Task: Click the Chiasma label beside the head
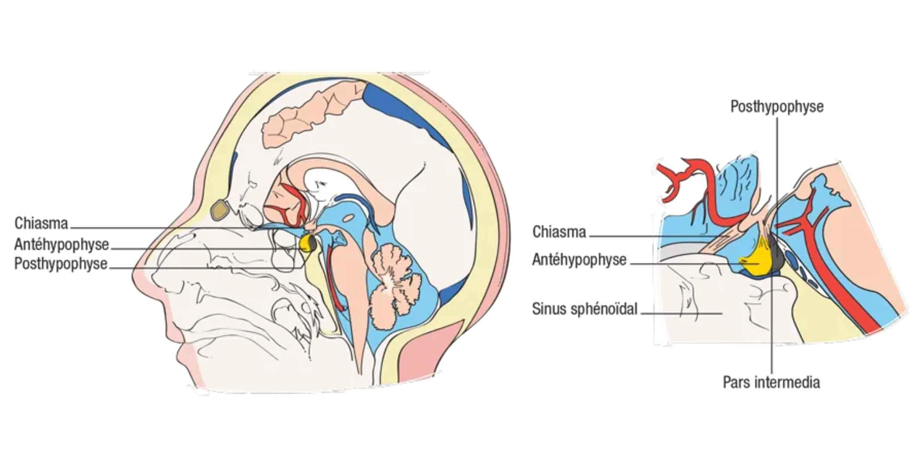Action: (x=41, y=223)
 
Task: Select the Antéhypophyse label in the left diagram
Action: (x=61, y=245)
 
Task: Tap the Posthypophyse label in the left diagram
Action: (x=61, y=263)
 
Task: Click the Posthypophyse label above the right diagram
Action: (x=777, y=106)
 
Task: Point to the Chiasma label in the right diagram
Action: (x=559, y=232)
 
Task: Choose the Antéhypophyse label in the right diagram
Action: (x=579, y=260)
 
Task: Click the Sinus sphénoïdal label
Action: (x=584, y=309)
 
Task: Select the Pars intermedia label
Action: (x=771, y=382)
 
